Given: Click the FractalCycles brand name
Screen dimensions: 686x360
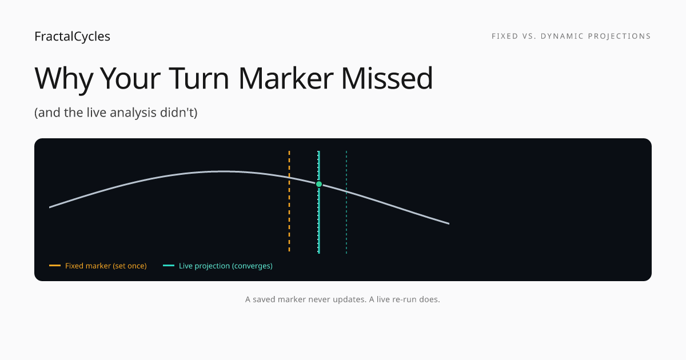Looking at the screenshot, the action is pos(72,37).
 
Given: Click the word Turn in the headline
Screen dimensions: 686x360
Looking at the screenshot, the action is pos(199,78).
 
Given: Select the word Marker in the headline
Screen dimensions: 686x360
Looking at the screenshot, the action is pos(286,78).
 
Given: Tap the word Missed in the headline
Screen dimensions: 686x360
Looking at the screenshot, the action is pos(387,78).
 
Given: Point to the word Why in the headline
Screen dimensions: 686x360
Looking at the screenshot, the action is pos(64,79).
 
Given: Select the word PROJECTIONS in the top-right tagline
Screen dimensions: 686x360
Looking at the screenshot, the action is pos(620,36).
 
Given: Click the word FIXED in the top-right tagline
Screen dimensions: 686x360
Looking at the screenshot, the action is pos(505,36).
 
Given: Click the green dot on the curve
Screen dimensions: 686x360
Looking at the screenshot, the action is pos(319,184).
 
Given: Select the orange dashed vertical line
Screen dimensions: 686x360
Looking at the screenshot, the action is pos(289,201).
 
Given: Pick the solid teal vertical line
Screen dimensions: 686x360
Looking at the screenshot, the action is pos(319,202).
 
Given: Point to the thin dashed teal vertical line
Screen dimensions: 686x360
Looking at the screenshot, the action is pos(346,202).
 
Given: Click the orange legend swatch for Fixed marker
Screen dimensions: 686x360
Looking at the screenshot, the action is pos(55,265).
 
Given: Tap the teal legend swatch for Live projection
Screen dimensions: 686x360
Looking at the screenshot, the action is pos(169,265).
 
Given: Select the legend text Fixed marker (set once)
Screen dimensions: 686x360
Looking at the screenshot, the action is pos(106,266).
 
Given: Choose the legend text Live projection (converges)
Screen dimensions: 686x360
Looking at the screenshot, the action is pos(226,266).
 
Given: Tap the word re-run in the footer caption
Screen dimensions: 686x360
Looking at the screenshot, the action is pos(405,299).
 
